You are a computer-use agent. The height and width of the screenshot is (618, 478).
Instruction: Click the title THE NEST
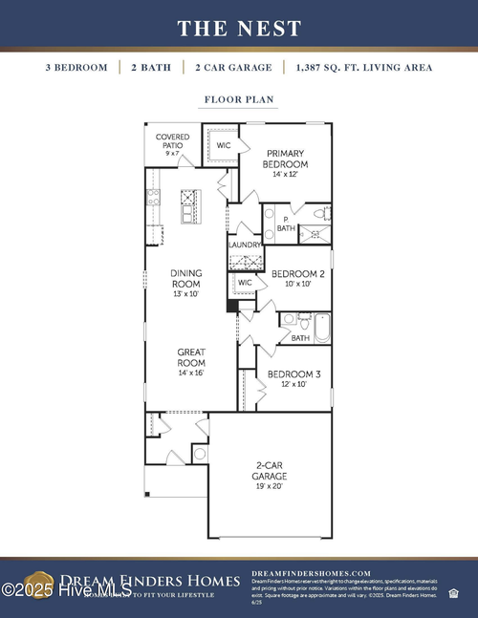click(x=239, y=28)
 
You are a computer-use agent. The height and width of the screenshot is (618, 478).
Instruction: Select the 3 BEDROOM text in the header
click(x=76, y=68)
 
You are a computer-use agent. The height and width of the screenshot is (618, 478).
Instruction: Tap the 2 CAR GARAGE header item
click(x=233, y=68)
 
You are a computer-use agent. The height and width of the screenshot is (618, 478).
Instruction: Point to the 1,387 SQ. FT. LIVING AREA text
click(x=364, y=68)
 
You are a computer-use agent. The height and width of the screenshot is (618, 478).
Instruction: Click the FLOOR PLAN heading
click(x=239, y=98)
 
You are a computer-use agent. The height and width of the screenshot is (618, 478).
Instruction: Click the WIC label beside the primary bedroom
click(x=224, y=145)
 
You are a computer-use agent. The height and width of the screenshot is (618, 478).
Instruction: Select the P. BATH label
click(x=286, y=224)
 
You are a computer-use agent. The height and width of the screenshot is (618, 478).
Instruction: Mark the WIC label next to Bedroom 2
click(x=244, y=283)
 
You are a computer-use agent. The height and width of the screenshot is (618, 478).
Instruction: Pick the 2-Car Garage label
click(x=269, y=475)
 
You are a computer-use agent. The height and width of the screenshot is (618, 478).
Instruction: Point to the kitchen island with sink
click(x=190, y=205)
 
